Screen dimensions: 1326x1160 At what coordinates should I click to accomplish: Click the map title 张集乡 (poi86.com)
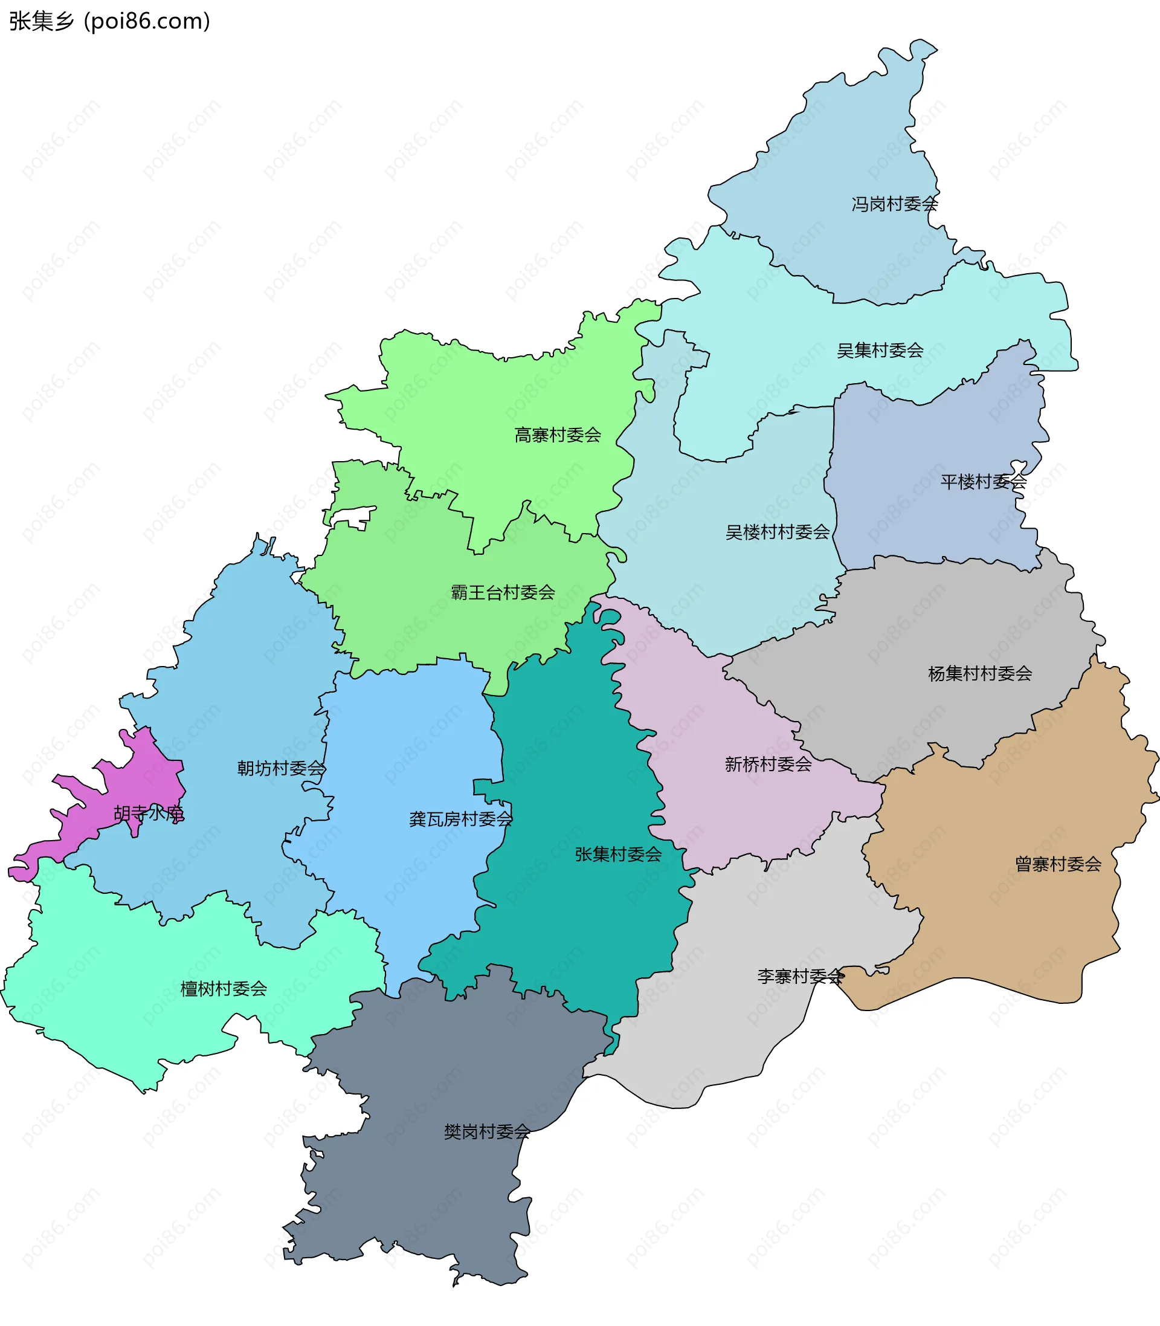pos(109,21)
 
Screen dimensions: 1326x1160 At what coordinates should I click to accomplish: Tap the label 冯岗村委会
pos(894,205)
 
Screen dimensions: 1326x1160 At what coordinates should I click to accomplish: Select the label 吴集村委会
pos(880,351)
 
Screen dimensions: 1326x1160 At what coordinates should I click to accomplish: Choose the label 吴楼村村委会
pos(777,532)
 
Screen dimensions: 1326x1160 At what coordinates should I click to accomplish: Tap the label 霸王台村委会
pos(502,592)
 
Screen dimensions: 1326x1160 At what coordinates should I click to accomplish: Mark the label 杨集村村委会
pos(979,673)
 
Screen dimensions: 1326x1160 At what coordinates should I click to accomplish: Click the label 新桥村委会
pos(768,765)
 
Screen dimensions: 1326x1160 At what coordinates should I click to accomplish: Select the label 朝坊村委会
pos(281,769)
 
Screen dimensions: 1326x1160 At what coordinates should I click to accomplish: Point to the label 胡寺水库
pos(149,813)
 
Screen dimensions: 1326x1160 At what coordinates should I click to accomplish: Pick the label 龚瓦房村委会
pos(460,820)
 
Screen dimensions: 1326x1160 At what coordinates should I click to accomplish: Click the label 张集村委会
pos(618,855)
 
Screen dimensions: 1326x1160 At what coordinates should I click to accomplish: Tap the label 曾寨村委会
pos(1058,864)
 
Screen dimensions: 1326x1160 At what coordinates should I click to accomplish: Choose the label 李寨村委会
pos(800,977)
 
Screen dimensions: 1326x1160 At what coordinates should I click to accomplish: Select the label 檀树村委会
pos(224,989)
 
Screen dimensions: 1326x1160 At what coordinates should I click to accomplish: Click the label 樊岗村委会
pos(487,1132)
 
